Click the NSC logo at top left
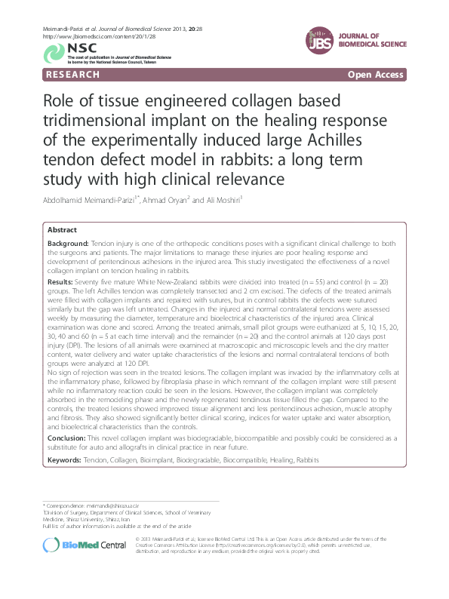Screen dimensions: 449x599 click(56, 52)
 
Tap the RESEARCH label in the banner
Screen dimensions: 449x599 click(72, 75)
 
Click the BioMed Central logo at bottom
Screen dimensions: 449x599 click(85, 544)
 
